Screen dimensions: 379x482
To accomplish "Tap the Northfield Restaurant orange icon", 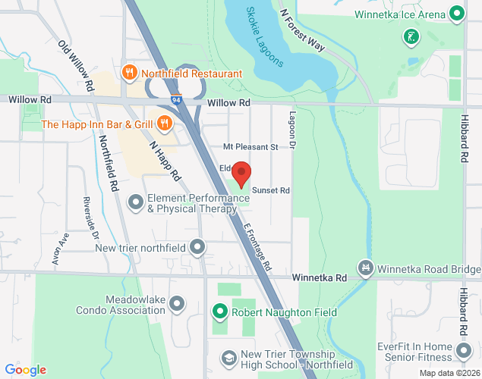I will point(130,74).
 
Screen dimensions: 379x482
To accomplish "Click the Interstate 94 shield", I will point(176,99).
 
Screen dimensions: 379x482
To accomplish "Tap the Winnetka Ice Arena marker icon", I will point(456,14).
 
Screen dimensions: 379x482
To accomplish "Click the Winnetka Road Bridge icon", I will point(367,268).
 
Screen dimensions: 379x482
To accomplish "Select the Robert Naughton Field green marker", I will point(219,312).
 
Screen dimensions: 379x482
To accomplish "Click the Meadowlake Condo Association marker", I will point(178,304).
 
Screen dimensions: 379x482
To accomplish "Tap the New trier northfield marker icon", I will point(197,247).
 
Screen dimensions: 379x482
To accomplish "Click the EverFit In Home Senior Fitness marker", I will point(463,352).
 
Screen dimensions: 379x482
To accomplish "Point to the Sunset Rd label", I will point(272,190).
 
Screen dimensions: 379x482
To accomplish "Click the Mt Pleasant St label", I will point(250,146).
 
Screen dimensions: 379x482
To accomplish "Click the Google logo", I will point(24,370).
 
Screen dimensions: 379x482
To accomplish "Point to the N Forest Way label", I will point(301,30).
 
